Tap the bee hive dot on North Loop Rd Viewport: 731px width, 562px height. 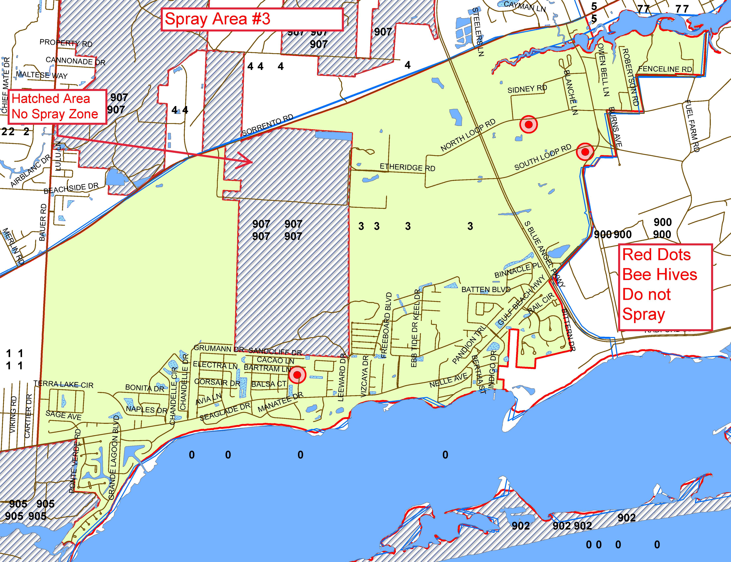pos(528,124)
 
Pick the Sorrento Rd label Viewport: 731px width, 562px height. pos(268,125)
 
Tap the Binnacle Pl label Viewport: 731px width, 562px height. pos(518,270)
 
